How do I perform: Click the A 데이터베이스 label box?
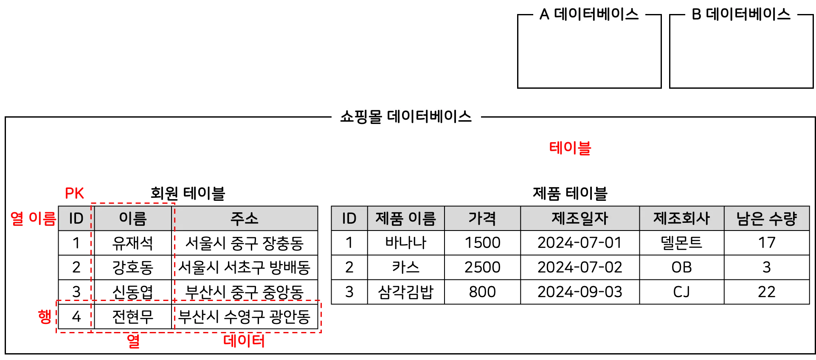point(589,14)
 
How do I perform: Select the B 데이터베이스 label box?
point(741,14)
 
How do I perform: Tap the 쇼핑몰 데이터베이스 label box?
point(406,117)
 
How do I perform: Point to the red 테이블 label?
point(570,148)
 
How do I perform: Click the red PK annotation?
point(74,194)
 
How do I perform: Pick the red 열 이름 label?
point(33,218)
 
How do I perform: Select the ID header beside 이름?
point(76,219)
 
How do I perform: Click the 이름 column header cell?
point(133,219)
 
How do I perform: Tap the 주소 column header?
point(245,219)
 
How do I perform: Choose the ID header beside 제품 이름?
point(349,219)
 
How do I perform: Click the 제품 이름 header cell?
point(406,219)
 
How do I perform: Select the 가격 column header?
point(482,219)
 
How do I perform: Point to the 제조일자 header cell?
point(580,219)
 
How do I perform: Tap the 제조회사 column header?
point(681,219)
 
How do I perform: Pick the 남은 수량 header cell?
point(766,219)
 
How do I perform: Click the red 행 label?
point(45,316)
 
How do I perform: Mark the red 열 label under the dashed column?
point(133,341)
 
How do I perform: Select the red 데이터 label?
point(244,341)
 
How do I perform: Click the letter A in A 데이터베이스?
point(544,15)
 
